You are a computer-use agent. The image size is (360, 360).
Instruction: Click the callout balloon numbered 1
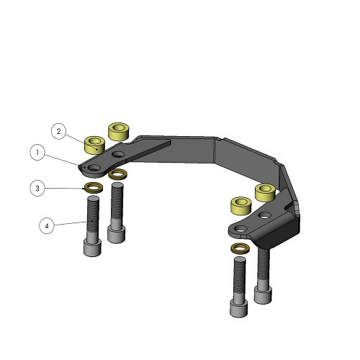click(x=37, y=153)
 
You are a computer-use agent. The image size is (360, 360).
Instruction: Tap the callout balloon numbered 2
click(x=58, y=131)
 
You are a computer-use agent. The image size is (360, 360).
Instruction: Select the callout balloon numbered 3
click(x=37, y=189)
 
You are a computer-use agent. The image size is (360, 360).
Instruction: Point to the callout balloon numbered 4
click(x=47, y=226)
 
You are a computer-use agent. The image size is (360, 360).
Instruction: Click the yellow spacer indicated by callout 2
click(x=94, y=145)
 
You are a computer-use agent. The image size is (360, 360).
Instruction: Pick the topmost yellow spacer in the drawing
click(x=119, y=132)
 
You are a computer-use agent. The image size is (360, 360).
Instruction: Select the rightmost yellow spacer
click(x=265, y=193)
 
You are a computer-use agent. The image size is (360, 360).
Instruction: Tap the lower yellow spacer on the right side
click(x=240, y=206)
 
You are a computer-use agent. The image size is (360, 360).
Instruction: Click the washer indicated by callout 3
click(x=94, y=187)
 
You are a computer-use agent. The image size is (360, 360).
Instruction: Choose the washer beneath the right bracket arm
click(x=240, y=248)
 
